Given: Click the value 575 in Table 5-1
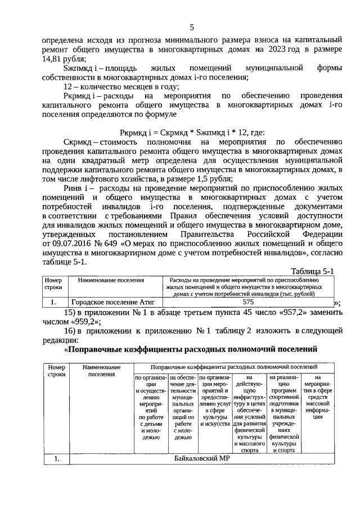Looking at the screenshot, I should (248, 301).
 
